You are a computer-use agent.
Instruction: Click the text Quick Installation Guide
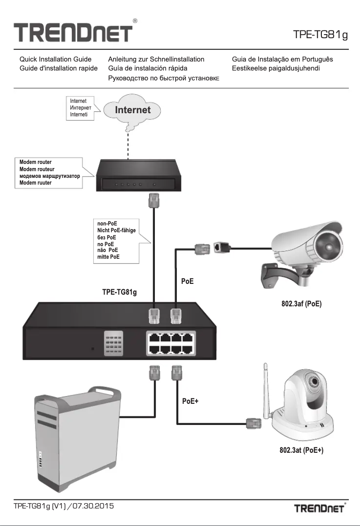(x=55, y=59)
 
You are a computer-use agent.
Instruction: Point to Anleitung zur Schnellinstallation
(x=156, y=59)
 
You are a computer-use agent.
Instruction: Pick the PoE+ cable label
(x=190, y=402)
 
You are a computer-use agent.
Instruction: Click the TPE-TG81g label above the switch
(x=120, y=292)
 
